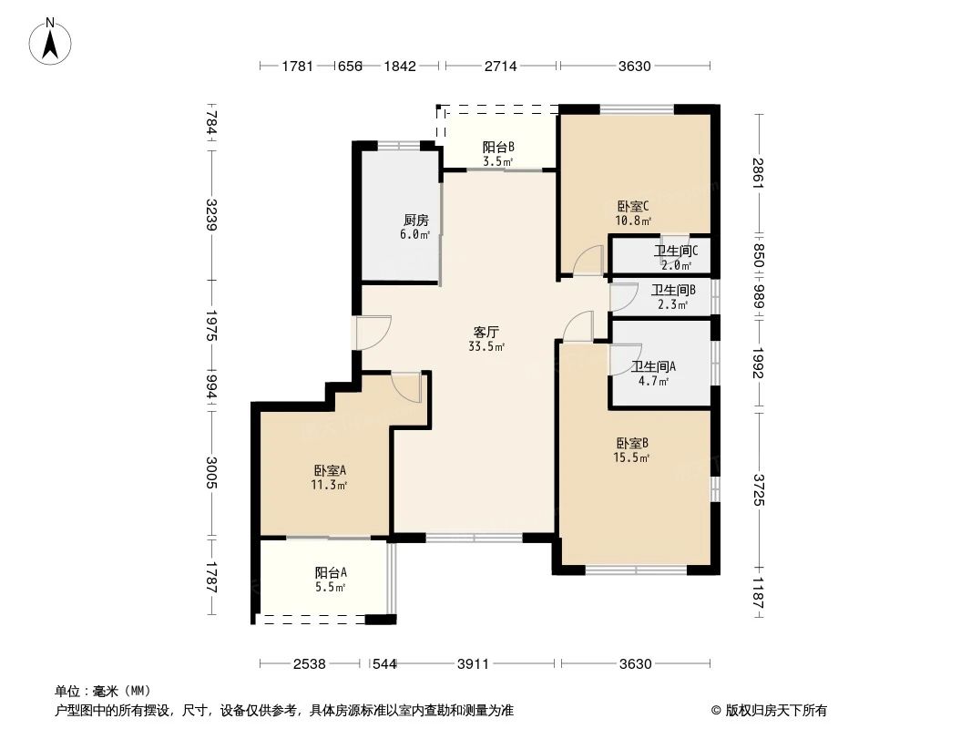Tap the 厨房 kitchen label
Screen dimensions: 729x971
[x=415, y=227]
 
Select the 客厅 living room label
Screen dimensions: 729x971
[x=485, y=339]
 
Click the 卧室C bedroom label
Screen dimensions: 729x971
[x=633, y=212]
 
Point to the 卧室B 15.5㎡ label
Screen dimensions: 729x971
[x=631, y=450]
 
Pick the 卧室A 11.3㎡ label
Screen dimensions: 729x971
[x=330, y=477]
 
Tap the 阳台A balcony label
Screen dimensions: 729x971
[x=331, y=580]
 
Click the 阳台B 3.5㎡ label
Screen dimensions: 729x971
[x=498, y=153]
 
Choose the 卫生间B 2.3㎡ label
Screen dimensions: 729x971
[x=673, y=297]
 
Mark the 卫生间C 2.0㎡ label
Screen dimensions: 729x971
[x=675, y=258]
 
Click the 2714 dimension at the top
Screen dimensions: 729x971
[x=500, y=66]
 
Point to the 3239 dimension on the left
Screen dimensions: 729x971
[x=210, y=215]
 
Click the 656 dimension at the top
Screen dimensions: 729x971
[x=349, y=66]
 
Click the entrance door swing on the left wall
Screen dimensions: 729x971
[x=372, y=332]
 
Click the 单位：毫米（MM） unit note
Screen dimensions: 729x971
[x=103, y=691]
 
